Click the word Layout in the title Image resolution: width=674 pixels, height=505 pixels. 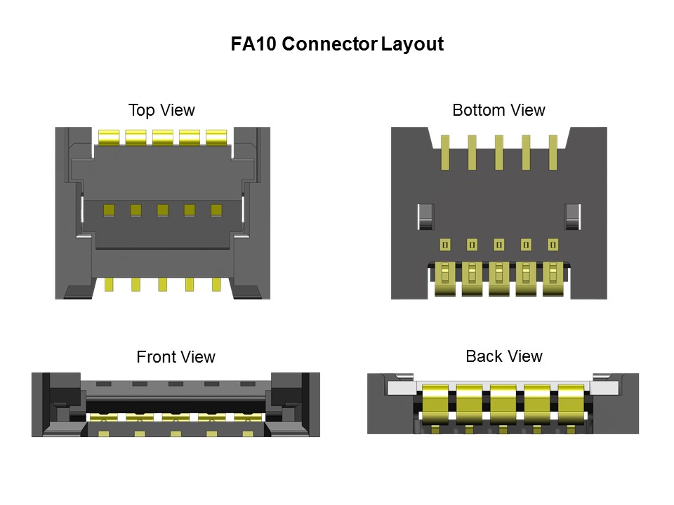pos(412,44)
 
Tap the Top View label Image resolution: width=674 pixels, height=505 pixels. pos(161,110)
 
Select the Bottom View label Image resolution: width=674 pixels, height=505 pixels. pos(498,110)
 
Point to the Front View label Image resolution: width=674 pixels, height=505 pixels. pos(176,357)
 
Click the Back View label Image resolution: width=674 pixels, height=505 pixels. pos(504,356)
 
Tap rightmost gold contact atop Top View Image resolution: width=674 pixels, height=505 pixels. pos(216,137)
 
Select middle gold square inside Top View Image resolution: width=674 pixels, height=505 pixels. pos(162,210)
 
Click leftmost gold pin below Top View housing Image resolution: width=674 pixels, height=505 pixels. pos(109,284)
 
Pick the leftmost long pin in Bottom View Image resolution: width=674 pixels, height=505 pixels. pos(445,152)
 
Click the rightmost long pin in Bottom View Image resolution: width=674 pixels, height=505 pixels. pos(553,152)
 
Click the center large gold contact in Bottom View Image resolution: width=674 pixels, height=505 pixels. pos(499,278)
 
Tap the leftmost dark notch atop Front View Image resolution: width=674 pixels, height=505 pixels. pos(104,384)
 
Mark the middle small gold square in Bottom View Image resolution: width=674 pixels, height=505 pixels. pos(499,244)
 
